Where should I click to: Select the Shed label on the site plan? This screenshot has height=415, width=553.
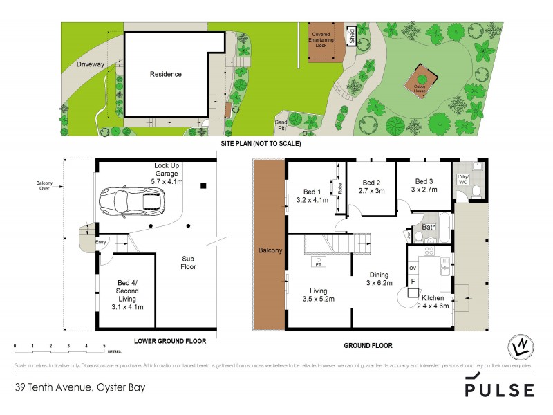click(x=351, y=36)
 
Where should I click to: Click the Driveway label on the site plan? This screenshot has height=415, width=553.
click(x=91, y=64)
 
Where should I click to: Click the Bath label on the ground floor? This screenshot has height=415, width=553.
click(x=429, y=227)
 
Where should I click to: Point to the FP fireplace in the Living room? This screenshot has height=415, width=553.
click(x=319, y=264)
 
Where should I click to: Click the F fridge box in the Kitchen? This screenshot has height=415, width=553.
click(x=413, y=282)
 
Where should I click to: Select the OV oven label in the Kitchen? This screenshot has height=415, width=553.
click(x=413, y=268)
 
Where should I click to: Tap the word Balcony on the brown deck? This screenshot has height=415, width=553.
click(x=270, y=250)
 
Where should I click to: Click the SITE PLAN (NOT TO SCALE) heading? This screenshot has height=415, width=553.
click(x=260, y=144)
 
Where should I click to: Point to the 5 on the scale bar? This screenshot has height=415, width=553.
click(x=104, y=344)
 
